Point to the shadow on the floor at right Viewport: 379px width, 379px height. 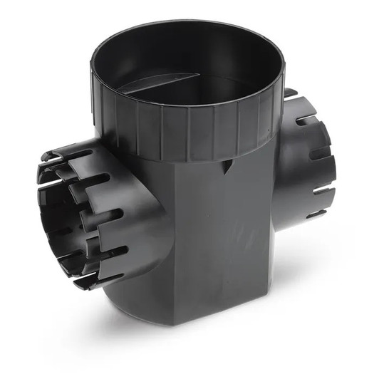pyautogui.click(x=313, y=285)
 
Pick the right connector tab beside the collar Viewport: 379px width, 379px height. pyautogui.click(x=290, y=93)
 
